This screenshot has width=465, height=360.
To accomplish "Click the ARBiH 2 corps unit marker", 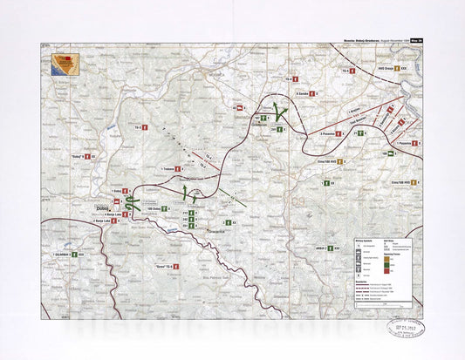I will click(x=328, y=248).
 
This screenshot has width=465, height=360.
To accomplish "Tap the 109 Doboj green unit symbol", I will click(x=164, y=209).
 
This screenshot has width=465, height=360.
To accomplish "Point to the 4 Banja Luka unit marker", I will click(x=125, y=214).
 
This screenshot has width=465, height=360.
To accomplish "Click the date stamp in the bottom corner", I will click(x=404, y=326).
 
